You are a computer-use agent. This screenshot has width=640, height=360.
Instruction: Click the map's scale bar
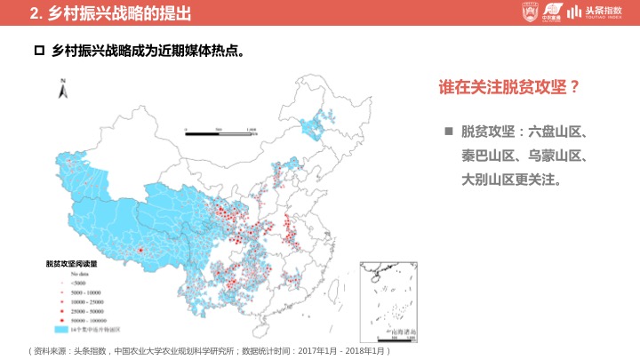[x=219, y=132]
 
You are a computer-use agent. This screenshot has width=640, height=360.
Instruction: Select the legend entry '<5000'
[x=71, y=282]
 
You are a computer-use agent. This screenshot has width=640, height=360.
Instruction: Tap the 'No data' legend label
[x=70, y=273]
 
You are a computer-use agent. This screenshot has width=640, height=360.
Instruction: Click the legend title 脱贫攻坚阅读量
[x=70, y=264]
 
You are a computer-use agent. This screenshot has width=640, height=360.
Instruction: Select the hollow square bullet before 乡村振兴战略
[x=38, y=52]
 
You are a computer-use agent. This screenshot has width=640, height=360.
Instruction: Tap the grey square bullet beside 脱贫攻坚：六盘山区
[x=449, y=132]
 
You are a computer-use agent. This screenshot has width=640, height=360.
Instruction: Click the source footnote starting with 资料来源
[x=209, y=350]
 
